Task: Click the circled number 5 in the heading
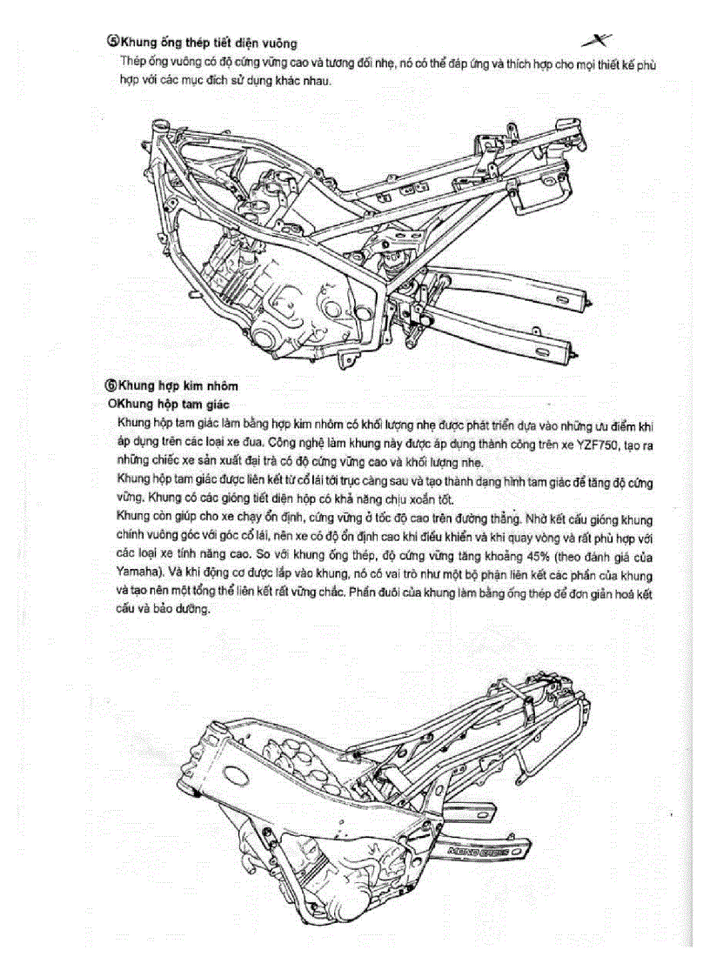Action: click(x=112, y=41)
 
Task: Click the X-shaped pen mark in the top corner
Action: click(x=597, y=39)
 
